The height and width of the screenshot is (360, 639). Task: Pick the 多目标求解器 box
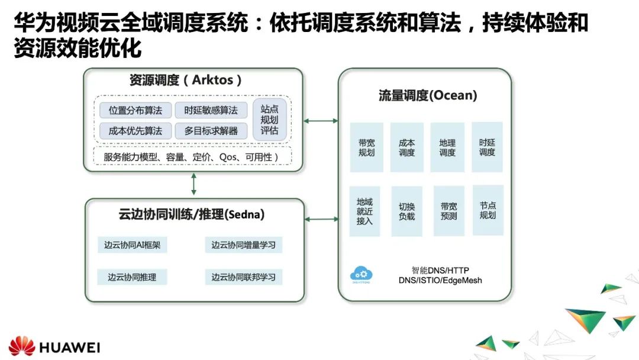click(211, 131)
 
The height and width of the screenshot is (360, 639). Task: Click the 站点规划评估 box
click(269, 120)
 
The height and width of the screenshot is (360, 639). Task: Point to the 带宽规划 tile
click(366, 147)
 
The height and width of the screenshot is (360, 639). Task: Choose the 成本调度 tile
click(406, 147)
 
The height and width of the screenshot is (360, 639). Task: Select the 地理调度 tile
click(447, 147)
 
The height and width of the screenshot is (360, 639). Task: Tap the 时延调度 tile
click(487, 147)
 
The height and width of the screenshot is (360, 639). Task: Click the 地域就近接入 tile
click(364, 211)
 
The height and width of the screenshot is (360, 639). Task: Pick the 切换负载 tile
click(406, 211)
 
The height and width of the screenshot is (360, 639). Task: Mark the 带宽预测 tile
click(448, 211)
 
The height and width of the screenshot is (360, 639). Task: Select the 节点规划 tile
click(488, 210)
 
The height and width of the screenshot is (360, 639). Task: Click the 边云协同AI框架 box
click(132, 245)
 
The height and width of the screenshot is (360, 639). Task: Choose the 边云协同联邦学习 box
click(243, 277)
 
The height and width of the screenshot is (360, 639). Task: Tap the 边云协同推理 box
click(132, 277)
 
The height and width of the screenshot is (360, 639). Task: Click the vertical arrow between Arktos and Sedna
click(193, 185)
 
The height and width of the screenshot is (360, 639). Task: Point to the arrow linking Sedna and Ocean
click(321, 219)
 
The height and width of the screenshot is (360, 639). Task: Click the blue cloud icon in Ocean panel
click(362, 274)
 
